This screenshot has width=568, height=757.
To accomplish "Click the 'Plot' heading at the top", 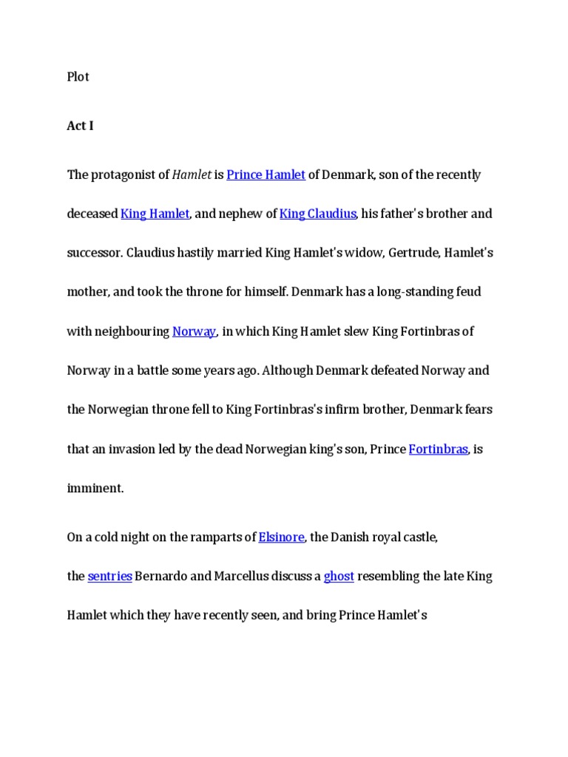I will pos(78,77).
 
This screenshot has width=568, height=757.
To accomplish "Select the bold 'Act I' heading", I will pos(80,126).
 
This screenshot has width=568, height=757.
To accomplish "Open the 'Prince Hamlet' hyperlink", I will pos(266,175).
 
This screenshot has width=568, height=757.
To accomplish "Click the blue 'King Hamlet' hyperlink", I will pos(155,214).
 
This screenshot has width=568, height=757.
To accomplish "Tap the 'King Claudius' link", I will pos(318,214).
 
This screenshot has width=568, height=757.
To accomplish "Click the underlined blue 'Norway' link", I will pos(194,332).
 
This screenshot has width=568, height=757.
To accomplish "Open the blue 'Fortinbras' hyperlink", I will pos(438,449).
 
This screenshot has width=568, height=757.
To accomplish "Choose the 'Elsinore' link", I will pos(281,537).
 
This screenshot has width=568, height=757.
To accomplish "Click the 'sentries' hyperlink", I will pos(109,577).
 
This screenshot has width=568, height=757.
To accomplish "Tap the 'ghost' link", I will pos(339,577).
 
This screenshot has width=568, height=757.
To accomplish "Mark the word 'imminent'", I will pos(94,489).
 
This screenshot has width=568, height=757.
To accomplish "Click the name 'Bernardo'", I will pos(161,577).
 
